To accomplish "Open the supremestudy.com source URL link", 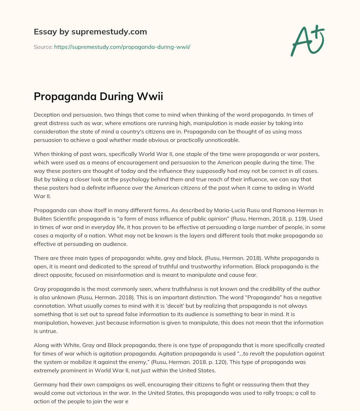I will (x=122, y=46).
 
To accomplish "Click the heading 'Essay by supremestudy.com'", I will (x=90, y=32).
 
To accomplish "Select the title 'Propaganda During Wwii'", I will (x=98, y=97).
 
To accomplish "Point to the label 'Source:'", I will (x=43, y=46).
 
